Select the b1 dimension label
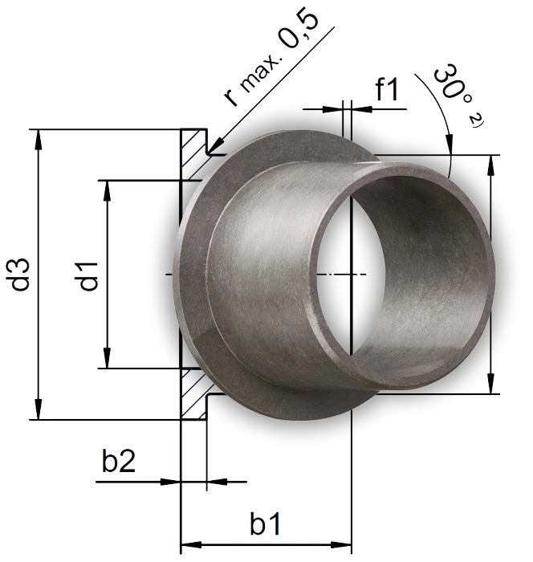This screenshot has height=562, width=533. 266,526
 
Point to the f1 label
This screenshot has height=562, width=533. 387,91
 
